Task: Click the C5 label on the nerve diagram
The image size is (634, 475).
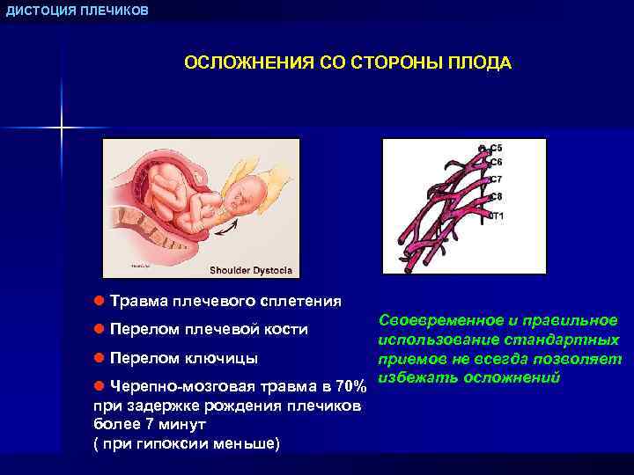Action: pyautogui.click(x=496, y=148)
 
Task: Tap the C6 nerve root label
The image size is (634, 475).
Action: pyautogui.click(x=496, y=162)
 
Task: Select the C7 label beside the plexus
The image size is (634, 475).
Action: pyautogui.click(x=496, y=179)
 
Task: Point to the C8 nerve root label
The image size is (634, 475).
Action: pyautogui.click(x=496, y=196)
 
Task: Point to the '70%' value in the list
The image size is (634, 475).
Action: pyautogui.click(x=351, y=388)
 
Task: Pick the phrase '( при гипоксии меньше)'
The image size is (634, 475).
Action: pyautogui.click(x=186, y=442)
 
